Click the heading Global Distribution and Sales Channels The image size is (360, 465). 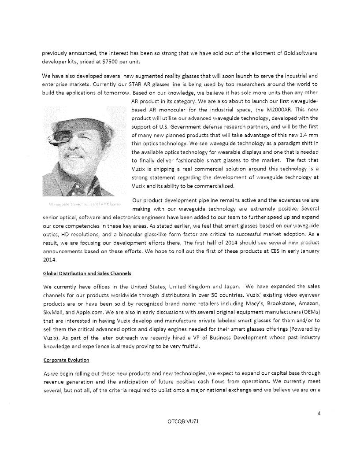pyautogui.click(x=87, y=273)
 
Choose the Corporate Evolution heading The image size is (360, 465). pyautogui.click(x=66, y=360)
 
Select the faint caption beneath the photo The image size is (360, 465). pyautogui.click(x=82, y=204)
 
